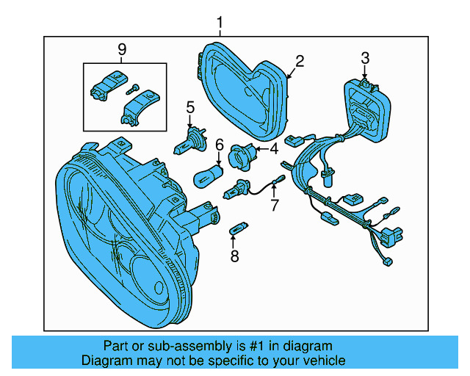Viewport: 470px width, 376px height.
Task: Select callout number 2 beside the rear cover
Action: pyautogui.click(x=299, y=61)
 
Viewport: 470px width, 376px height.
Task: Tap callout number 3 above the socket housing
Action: pyautogui.click(x=365, y=58)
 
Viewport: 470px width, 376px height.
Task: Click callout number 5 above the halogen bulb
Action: pyautogui.click(x=189, y=108)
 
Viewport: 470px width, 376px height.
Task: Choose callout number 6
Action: pyautogui.click(x=219, y=146)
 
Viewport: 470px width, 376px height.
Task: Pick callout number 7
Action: pyautogui.click(x=275, y=205)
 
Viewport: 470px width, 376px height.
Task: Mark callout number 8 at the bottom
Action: pyautogui.click(x=234, y=256)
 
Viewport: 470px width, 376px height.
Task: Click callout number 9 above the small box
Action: pyautogui.click(x=122, y=49)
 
